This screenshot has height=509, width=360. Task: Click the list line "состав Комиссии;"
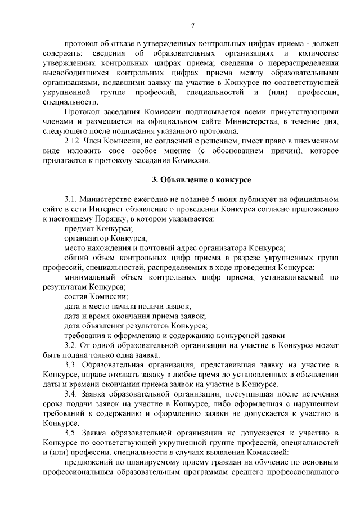pos(96,296)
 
